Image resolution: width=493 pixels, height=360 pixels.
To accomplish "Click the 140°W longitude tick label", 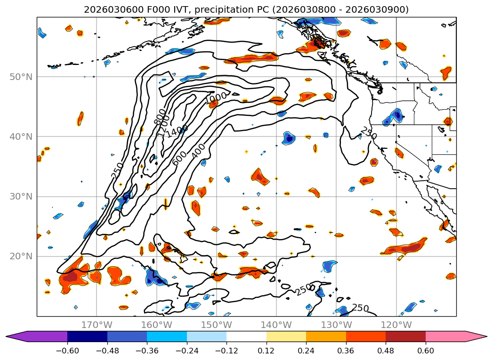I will [276, 325].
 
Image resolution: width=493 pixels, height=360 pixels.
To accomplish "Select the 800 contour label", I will [161, 116].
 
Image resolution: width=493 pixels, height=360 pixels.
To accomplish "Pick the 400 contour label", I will [199, 150].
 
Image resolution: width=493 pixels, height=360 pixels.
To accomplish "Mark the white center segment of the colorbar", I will [246, 336].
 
